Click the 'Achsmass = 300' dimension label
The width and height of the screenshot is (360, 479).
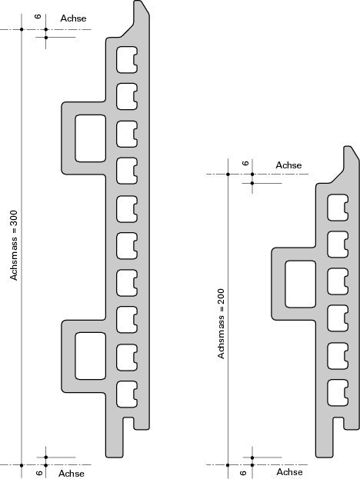14,245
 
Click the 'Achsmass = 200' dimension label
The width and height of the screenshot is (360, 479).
221,324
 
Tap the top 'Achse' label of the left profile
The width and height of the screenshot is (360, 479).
73,18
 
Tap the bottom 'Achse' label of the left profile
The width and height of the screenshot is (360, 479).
72,473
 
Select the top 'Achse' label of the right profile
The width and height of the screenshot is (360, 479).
288,165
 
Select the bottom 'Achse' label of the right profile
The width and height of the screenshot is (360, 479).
289,472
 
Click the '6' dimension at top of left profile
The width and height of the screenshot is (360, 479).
38,16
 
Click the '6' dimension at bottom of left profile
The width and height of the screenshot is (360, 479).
38,473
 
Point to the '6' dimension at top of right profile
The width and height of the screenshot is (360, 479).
245,163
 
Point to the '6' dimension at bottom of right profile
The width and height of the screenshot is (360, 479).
243,473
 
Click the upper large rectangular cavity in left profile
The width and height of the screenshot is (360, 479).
91,138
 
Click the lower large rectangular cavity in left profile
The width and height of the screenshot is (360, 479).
91,356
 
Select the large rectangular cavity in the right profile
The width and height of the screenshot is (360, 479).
301,284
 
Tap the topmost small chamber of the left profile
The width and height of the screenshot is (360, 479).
126,60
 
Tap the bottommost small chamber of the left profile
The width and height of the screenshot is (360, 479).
126,394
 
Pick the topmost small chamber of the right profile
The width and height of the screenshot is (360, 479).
338,208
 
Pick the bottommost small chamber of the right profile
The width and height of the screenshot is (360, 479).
338,393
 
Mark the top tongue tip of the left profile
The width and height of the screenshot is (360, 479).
138,1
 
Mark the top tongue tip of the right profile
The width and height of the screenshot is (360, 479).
348,146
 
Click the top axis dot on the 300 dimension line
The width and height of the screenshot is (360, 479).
22,29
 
